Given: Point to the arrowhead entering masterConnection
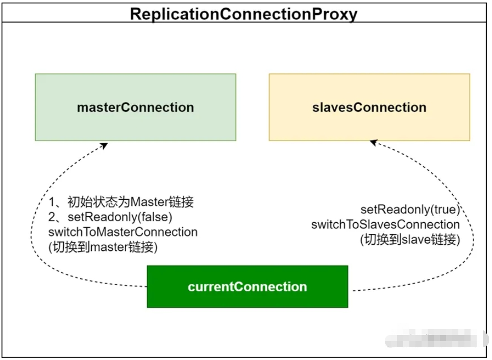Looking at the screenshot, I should pos(105,145).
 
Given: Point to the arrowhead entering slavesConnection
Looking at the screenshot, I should pos(373,143).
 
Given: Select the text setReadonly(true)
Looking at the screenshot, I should pos(410,210).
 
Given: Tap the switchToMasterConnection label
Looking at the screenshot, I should pos(122,232).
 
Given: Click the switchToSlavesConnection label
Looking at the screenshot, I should pos(385,224).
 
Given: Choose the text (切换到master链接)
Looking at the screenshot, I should pos(103,247).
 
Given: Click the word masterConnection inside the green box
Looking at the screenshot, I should pos(135,108).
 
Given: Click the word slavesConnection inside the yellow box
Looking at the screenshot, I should pos(369,108).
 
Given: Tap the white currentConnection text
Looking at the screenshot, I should pos(247,287).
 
